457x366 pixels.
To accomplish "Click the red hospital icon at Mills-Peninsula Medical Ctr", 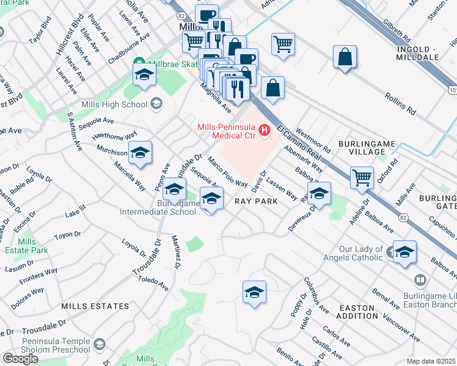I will click(265, 129).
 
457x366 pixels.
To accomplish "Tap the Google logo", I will click(20, 359).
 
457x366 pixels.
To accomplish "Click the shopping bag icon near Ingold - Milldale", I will click(345, 57).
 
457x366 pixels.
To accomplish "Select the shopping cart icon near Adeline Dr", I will click(362, 178).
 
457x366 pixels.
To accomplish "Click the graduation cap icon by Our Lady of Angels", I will click(404, 252).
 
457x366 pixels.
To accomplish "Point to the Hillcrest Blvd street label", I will click(67, 37).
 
